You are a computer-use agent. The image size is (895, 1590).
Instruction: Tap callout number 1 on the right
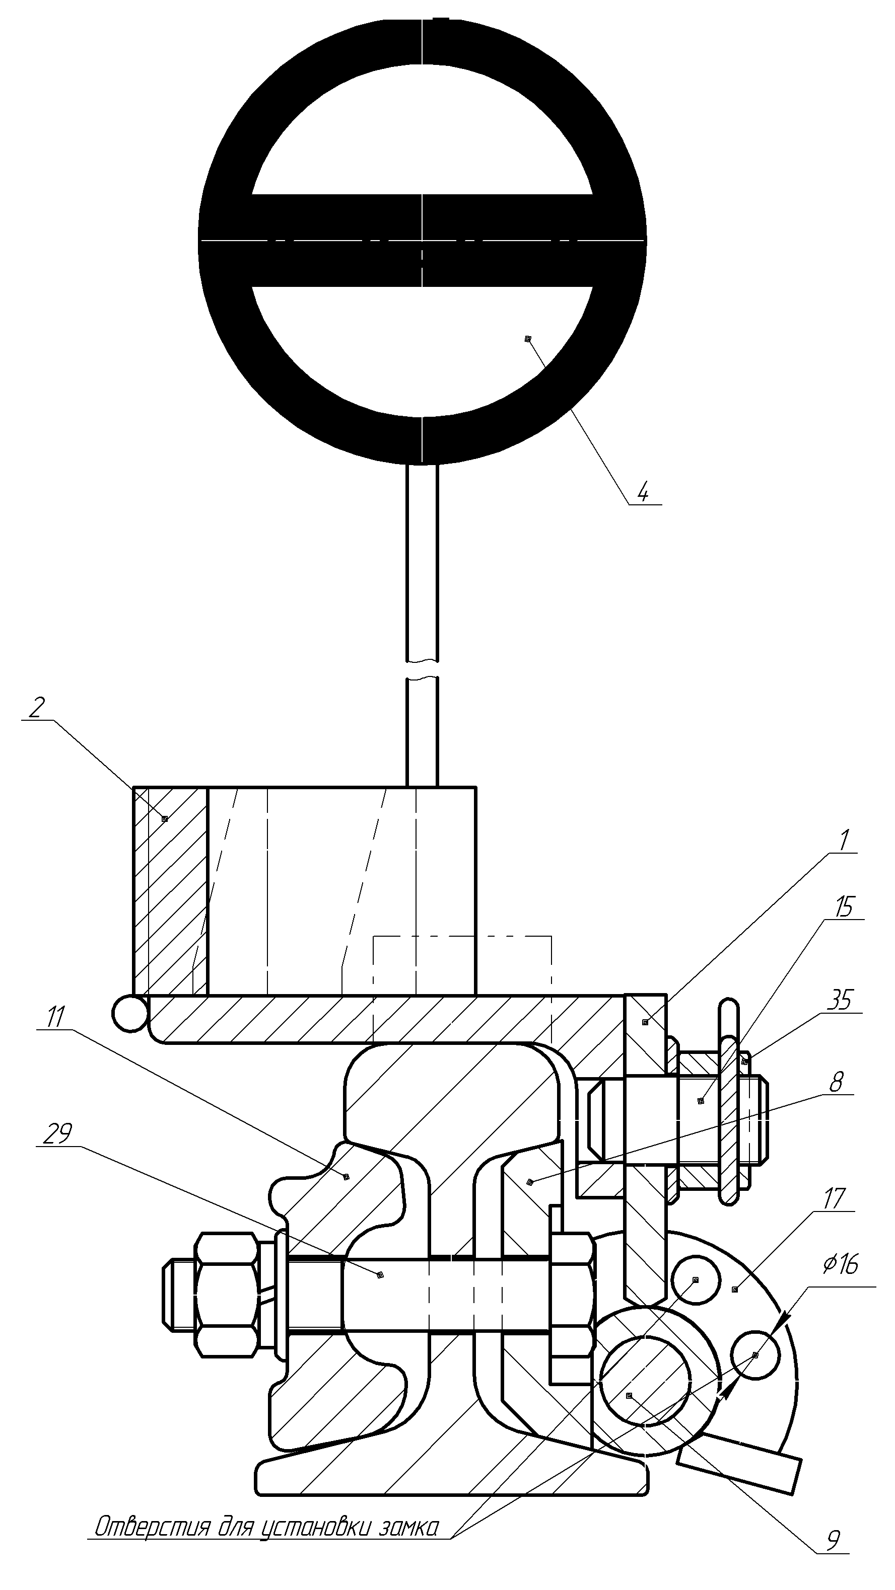pos(844,840)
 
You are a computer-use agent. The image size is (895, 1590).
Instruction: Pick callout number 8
pos(836,1082)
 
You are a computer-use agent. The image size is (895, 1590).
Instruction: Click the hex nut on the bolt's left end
pos(226,1295)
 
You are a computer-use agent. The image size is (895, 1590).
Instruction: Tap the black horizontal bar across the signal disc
pos(423,241)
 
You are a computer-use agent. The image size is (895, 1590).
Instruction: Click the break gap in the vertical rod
pos(423,668)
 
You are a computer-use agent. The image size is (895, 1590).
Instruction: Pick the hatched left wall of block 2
pos(170,892)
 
